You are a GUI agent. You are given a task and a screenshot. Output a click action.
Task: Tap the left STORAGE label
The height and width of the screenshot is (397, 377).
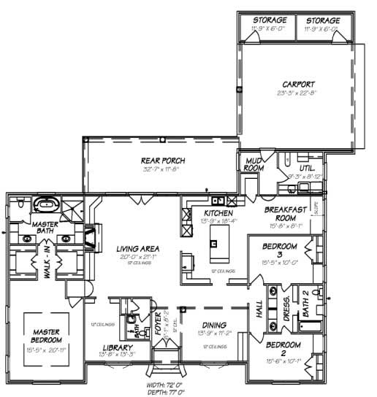269,20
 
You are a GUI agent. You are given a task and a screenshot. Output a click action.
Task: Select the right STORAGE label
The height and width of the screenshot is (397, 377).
322,20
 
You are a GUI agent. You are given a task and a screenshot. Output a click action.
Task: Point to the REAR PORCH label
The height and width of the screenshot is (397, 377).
162,161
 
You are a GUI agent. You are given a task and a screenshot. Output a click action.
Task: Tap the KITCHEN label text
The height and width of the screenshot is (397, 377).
218,213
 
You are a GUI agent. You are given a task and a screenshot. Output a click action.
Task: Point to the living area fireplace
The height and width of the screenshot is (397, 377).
91,237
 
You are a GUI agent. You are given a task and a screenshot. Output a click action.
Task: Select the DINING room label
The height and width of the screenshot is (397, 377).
214,325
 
